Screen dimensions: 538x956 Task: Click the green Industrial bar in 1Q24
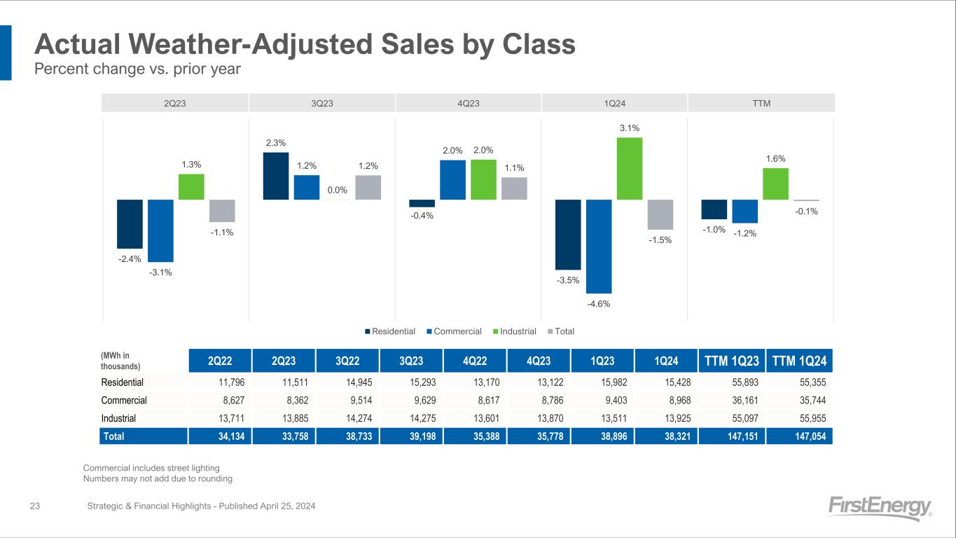629,168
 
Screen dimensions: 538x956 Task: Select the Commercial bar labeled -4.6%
599,246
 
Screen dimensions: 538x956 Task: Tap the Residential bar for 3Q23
275,176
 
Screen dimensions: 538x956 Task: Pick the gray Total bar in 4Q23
514,188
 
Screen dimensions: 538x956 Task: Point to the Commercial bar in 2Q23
160,230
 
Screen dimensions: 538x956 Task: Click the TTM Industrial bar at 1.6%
775,184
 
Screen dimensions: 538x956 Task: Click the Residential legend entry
389,331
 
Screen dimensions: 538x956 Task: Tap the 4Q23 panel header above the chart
469,103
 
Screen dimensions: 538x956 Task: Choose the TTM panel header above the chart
761,103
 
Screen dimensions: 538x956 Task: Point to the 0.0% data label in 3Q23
337,190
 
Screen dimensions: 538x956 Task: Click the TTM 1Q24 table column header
799,361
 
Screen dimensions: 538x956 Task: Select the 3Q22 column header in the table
347,361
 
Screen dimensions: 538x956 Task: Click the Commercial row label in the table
124,401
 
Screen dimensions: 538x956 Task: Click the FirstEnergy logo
879,507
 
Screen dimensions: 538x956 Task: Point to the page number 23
34,506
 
